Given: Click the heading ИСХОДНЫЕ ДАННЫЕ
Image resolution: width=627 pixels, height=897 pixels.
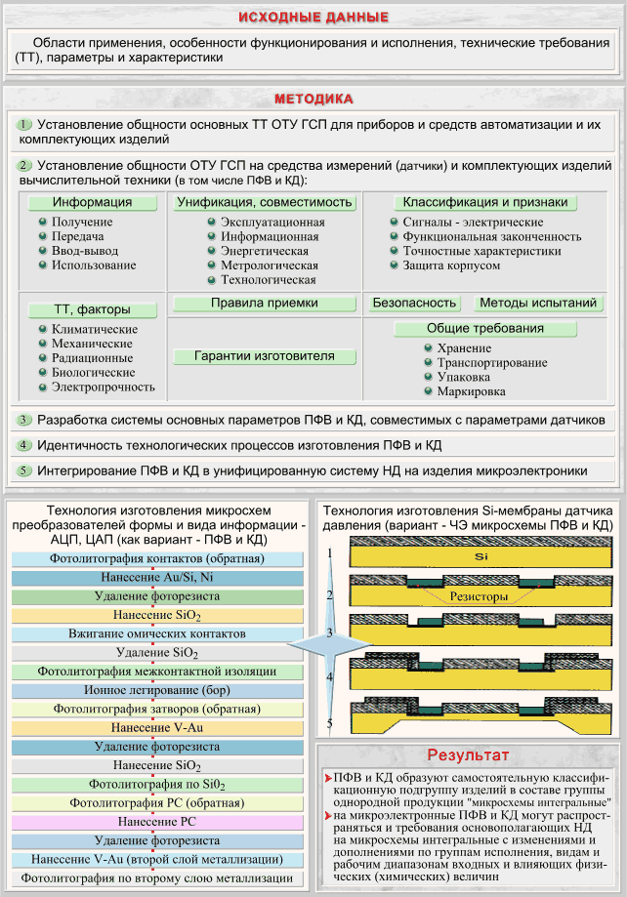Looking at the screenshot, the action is tap(313, 18).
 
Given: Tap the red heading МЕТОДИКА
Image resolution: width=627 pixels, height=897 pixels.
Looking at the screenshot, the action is tap(313, 99).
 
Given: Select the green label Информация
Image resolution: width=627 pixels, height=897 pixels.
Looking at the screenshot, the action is tap(92, 202).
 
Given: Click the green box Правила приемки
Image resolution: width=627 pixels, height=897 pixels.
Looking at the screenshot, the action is tap(264, 304).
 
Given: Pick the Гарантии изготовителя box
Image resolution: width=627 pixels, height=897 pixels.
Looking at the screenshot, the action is tap(264, 356).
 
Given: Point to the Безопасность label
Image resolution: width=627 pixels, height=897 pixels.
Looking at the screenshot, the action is tap(414, 304).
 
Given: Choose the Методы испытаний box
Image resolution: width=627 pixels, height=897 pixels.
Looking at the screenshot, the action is tap(538, 304).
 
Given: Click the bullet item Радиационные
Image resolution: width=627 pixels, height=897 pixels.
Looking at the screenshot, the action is tap(92, 358).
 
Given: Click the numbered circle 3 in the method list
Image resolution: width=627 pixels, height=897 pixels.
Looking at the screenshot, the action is tap(23, 420).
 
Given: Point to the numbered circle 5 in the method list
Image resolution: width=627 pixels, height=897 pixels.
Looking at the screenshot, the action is tap(23, 470).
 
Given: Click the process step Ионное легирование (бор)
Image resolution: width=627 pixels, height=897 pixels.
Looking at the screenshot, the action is tap(157, 690).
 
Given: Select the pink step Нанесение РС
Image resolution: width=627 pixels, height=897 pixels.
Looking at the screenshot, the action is tap(157, 822).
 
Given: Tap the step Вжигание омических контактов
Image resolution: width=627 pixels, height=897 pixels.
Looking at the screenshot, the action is tap(157, 633).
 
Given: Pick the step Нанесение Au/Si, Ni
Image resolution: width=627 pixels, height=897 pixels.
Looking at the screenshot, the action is tap(157, 578).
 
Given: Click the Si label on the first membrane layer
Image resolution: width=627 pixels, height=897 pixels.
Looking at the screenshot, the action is tap(481, 556).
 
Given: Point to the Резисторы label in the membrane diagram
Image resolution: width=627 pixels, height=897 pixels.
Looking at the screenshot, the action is tap(479, 596).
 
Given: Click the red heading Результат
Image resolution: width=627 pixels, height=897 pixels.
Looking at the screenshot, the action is tap(468, 755).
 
